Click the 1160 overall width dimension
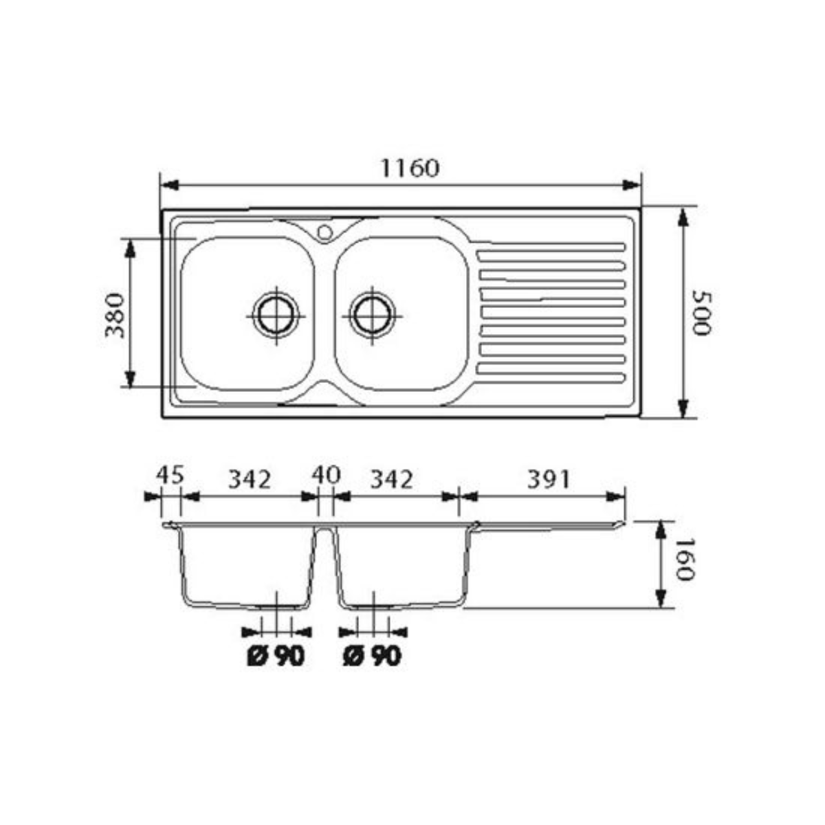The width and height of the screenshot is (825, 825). coord(409,168)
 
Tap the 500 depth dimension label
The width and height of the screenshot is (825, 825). coord(702,313)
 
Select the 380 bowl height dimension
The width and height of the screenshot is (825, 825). coord(115,316)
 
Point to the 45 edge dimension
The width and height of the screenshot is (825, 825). coord(170,475)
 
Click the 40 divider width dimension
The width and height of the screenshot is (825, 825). coord(326,475)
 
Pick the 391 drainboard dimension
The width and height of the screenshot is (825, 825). coord(549,479)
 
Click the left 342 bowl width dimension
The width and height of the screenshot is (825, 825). coord(250,479)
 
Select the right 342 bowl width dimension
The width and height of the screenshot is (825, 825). coord(391,479)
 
